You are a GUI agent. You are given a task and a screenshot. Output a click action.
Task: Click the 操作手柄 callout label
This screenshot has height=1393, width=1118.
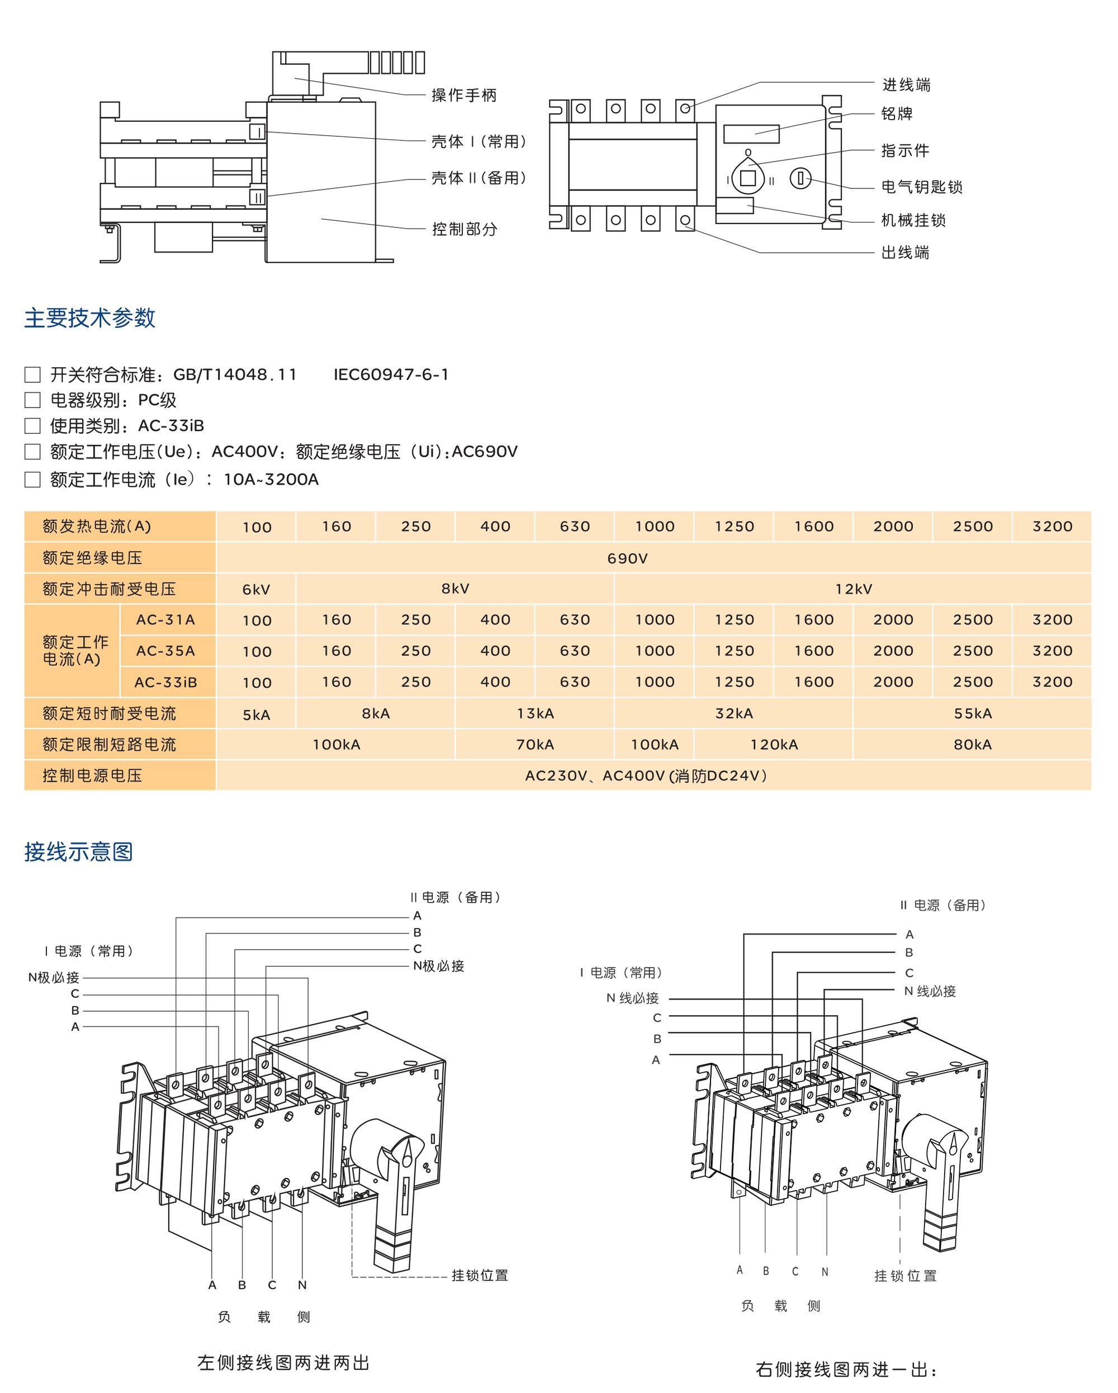(x=464, y=96)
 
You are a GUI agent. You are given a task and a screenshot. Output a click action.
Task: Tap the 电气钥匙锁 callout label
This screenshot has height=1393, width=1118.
(x=922, y=187)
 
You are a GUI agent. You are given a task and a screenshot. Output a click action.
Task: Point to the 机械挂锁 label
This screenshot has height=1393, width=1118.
(x=913, y=220)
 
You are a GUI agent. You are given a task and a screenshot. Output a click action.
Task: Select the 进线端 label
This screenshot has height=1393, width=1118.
(x=906, y=84)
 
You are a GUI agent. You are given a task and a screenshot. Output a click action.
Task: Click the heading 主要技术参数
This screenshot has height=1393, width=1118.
(x=90, y=318)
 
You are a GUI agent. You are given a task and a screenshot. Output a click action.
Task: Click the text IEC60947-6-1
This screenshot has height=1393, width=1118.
(x=391, y=375)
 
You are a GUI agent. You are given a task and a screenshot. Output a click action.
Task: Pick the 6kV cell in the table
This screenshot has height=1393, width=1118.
(x=256, y=589)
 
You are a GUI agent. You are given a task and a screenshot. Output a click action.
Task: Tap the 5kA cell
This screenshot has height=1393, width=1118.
(x=256, y=714)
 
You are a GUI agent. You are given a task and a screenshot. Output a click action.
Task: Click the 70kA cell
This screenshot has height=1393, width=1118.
(x=534, y=745)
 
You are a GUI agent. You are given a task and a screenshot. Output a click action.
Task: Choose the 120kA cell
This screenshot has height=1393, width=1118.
(x=774, y=745)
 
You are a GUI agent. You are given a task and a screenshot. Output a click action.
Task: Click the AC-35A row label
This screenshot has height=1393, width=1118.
(x=165, y=651)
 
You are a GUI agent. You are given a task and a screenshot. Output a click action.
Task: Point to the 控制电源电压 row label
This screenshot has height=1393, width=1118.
(x=92, y=775)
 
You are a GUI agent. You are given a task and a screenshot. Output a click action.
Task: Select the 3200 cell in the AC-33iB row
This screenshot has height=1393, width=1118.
(x=1052, y=681)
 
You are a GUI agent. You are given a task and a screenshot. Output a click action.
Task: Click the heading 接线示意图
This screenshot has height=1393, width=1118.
(x=79, y=851)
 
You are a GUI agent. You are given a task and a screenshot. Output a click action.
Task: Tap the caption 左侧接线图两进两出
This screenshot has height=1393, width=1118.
(x=283, y=1363)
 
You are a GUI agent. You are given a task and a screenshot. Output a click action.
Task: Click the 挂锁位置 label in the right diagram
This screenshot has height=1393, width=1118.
(x=904, y=1276)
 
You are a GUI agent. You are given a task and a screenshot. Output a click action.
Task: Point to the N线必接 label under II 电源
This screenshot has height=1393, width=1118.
(x=929, y=991)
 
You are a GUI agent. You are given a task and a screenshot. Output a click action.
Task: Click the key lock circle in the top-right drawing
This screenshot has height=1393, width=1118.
(x=800, y=178)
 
